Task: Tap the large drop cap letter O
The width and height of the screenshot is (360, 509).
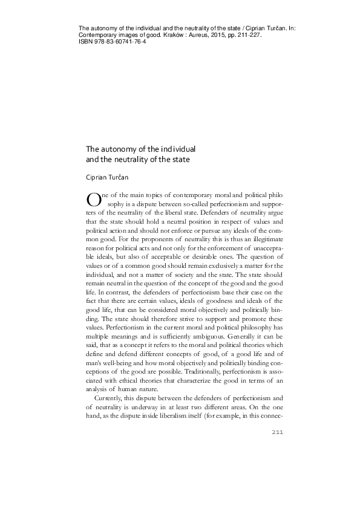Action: pos(94,199)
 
